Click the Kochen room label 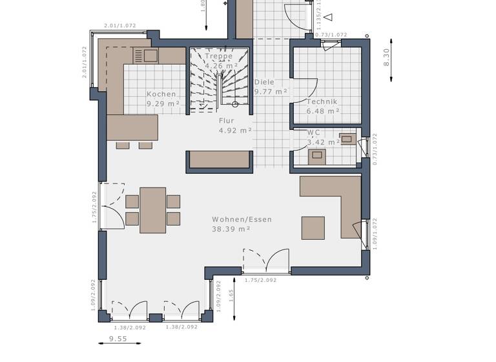click(161, 94)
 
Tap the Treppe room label click(218, 56)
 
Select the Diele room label click(264, 82)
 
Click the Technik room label click(322, 102)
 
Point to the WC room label click(314, 133)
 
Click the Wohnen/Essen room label click(242, 220)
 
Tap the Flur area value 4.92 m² click(235, 130)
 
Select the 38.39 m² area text click(231, 229)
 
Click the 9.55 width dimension click(118, 338)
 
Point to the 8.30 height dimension click(387, 58)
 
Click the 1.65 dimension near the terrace click(231, 296)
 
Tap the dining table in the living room click(152, 210)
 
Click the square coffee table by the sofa click(313, 228)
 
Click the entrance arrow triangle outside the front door click(328, 17)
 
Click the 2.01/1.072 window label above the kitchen click(119, 27)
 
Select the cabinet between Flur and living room click(219, 160)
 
